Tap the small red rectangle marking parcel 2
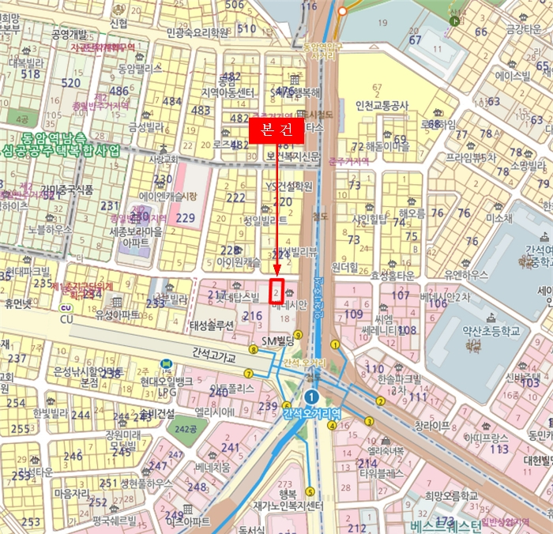276,290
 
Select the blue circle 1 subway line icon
313,397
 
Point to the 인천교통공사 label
382,105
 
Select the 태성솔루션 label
211,325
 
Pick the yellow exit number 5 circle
310,491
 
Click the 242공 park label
186,428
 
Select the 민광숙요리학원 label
198,32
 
